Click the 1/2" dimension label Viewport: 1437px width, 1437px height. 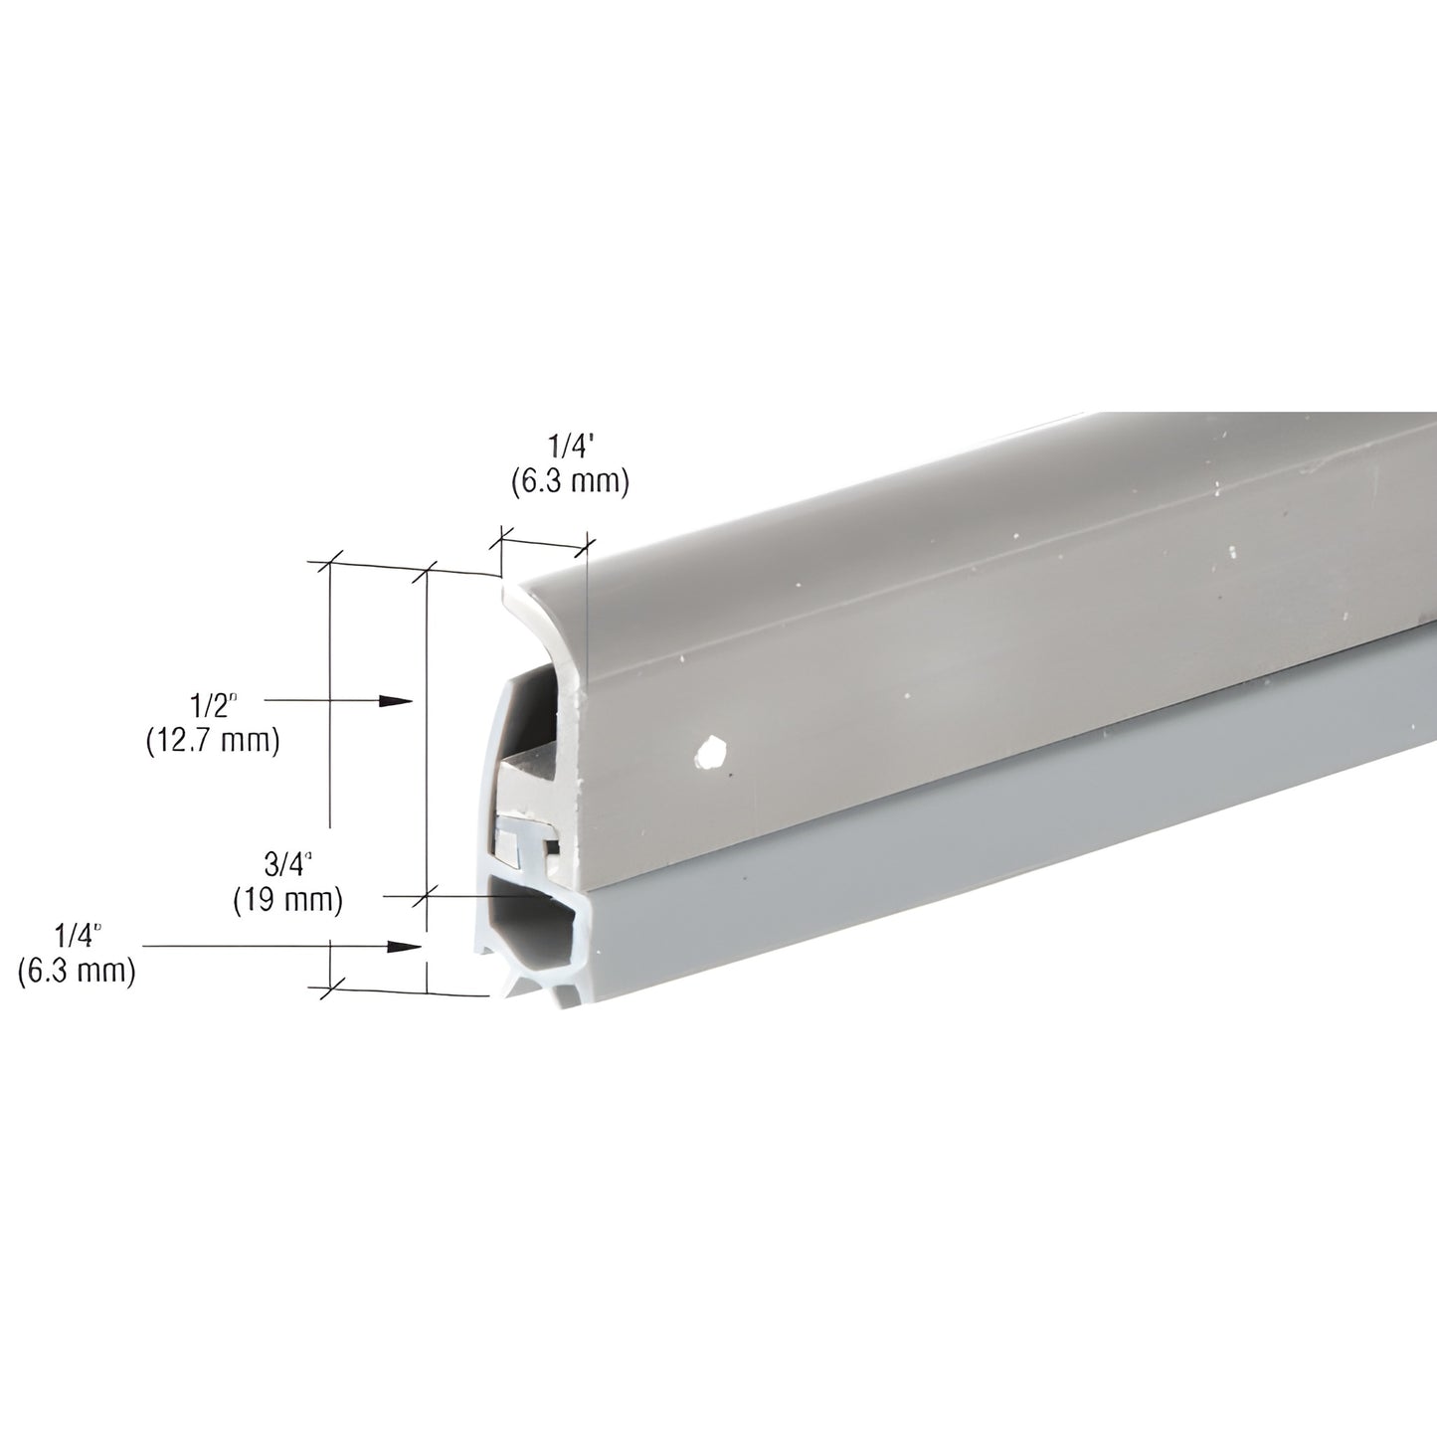click(x=214, y=706)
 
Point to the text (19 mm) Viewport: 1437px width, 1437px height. click(x=287, y=900)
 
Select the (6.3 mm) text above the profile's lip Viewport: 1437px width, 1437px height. click(x=570, y=482)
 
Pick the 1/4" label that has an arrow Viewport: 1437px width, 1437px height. click(x=78, y=935)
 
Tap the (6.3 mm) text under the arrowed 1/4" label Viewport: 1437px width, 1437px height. click(x=77, y=971)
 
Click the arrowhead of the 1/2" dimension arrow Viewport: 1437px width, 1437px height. click(x=398, y=701)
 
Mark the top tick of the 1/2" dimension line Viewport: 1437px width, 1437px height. click(x=330, y=563)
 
